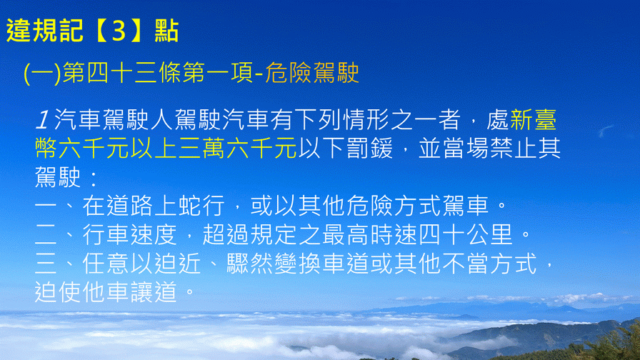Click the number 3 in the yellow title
click(x=119, y=31)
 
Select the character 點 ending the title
click(x=166, y=31)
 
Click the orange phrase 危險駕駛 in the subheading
click(x=312, y=73)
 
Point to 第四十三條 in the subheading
click(x=122, y=73)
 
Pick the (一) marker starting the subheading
click(x=42, y=74)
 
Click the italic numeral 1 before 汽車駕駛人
click(x=42, y=120)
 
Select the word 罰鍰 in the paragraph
click(x=369, y=148)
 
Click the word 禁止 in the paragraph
click(x=513, y=148)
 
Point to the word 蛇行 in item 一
click(x=201, y=205)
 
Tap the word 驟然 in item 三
click(x=250, y=264)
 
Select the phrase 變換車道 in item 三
click(x=321, y=264)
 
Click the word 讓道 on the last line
click(x=154, y=292)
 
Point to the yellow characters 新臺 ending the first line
click(x=533, y=120)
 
